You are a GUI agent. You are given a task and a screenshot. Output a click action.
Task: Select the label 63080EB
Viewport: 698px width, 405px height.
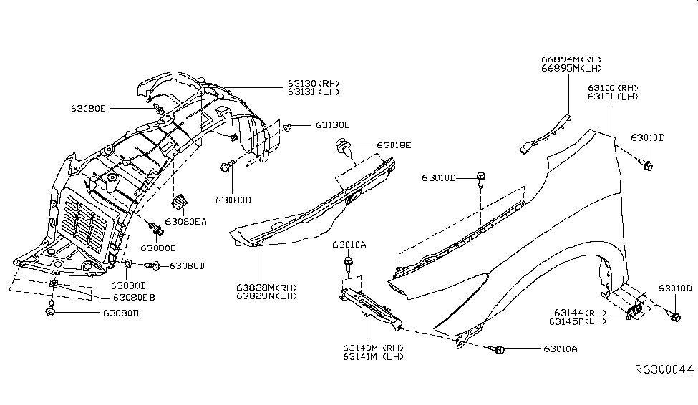click(134, 296)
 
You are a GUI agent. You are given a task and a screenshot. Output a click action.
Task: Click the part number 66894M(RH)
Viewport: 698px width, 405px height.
click(571, 59)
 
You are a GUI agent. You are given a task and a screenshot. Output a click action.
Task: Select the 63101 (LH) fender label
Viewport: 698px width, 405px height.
click(613, 96)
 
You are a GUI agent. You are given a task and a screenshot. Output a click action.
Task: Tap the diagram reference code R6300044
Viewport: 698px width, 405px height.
click(664, 370)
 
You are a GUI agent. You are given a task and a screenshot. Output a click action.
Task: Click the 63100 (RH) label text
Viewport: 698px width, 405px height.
click(613, 87)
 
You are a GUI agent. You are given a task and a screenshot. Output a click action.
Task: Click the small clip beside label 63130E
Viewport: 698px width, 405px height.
click(288, 127)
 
